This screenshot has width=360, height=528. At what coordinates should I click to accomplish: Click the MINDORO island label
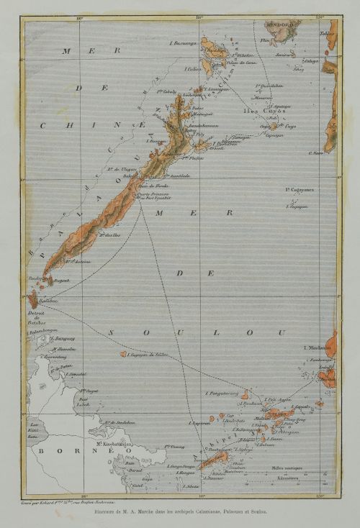pyautogui.click(x=282, y=24)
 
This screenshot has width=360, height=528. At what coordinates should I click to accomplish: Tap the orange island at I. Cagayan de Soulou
pyautogui.click(x=124, y=354)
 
